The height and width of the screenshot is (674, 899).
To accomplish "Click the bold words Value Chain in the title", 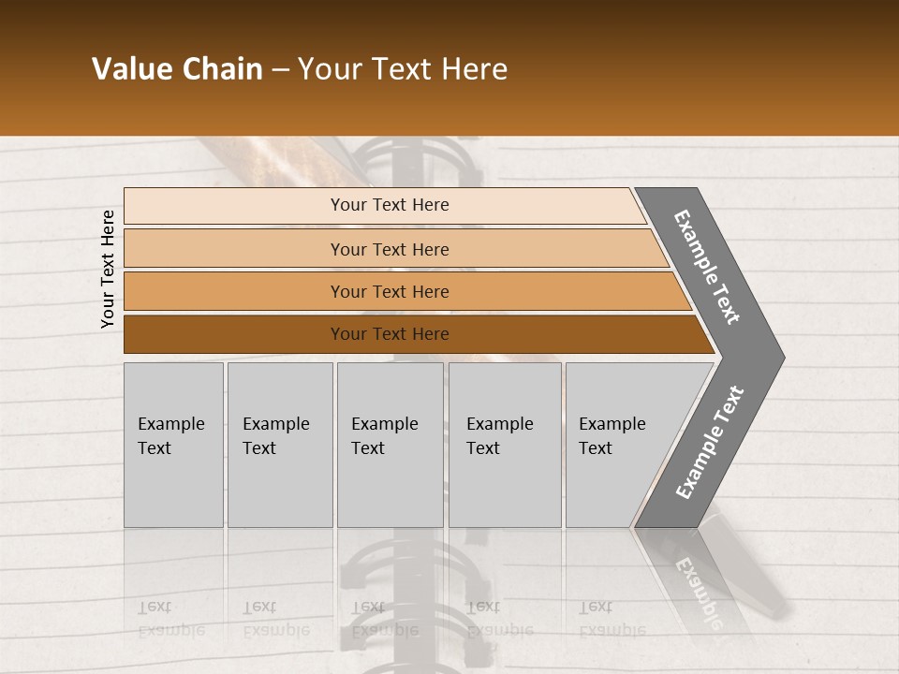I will (177, 69).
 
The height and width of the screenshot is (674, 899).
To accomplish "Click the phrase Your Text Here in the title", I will (403, 69).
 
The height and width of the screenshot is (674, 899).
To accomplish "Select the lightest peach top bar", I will (234, 206).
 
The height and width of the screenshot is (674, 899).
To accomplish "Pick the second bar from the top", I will (234, 249).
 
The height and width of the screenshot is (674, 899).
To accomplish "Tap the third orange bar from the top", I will (234, 291).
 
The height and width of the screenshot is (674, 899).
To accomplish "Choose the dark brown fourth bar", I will (234, 334).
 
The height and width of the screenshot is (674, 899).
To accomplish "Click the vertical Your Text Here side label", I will (108, 269).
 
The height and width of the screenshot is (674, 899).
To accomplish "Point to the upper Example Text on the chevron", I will (707, 267).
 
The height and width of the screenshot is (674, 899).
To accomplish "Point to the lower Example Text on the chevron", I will (709, 443).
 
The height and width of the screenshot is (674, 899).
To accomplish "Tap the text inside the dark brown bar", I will (390, 334).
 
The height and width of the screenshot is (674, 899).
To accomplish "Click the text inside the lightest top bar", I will (390, 205).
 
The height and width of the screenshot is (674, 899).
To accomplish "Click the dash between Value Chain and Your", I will (280, 70).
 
